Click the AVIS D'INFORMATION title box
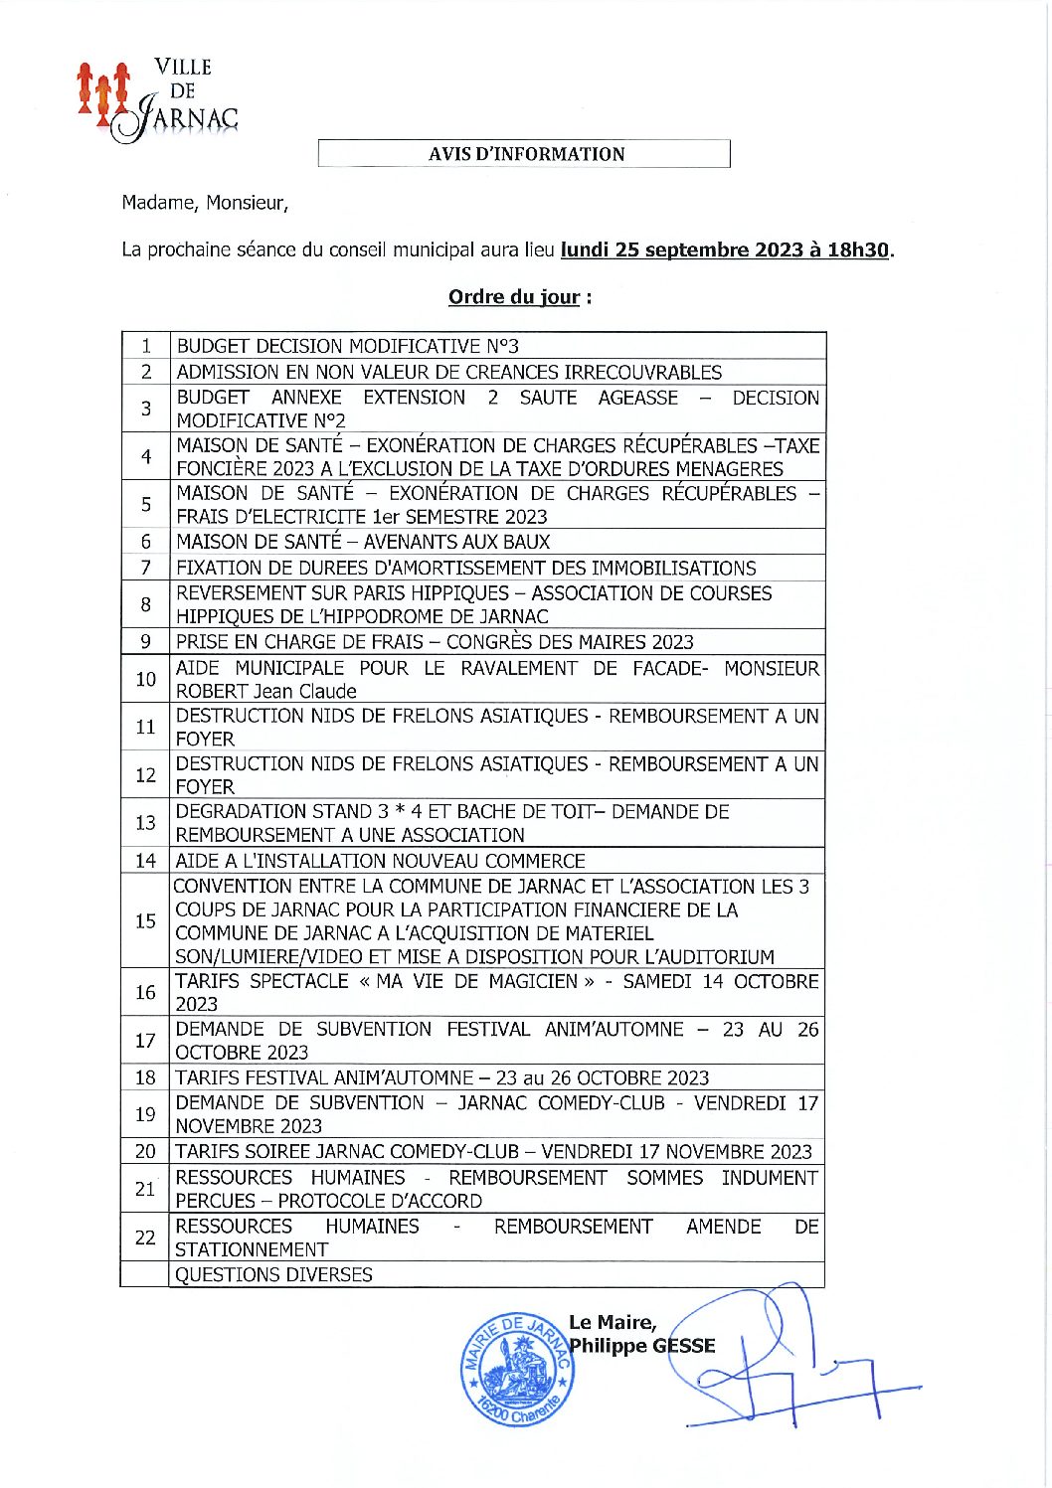coord(525,154)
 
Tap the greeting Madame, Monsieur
coord(205,203)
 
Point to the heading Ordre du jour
coord(515,297)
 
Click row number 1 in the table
coord(146,346)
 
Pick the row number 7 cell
coord(146,568)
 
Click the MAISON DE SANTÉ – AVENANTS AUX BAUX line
coord(363,542)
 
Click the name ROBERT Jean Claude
coord(265,691)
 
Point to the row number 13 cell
coord(146,823)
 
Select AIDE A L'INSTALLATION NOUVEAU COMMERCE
coord(380,861)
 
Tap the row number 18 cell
coord(146,1077)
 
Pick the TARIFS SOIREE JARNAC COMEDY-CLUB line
coord(493,1151)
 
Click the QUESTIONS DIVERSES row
coord(273,1274)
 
